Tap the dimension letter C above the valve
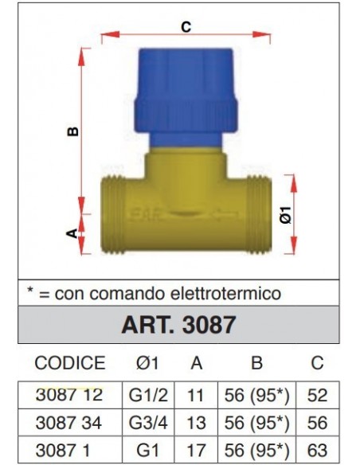[186, 27]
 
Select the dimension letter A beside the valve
[71, 233]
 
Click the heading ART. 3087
[178, 326]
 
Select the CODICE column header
[70, 363]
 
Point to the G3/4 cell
[149, 423]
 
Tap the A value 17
[195, 450]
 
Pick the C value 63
[317, 450]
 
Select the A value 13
[195, 423]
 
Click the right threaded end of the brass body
[260, 215]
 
